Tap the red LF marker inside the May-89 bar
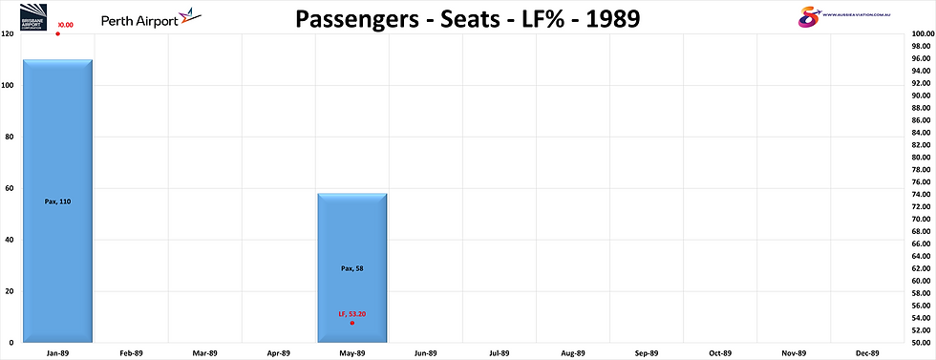click(352, 323)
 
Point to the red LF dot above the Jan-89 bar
click(57, 34)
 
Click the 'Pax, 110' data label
click(58, 201)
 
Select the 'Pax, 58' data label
click(352, 268)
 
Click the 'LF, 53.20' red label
click(352, 314)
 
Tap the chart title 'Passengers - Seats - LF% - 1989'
click(468, 18)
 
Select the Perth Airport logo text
click(134, 16)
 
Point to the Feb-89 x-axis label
click(132, 353)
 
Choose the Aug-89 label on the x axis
click(572, 353)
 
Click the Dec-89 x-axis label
click(866, 353)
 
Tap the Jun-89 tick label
click(426, 353)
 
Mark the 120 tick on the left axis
click(8, 34)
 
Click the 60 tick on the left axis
click(10, 188)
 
